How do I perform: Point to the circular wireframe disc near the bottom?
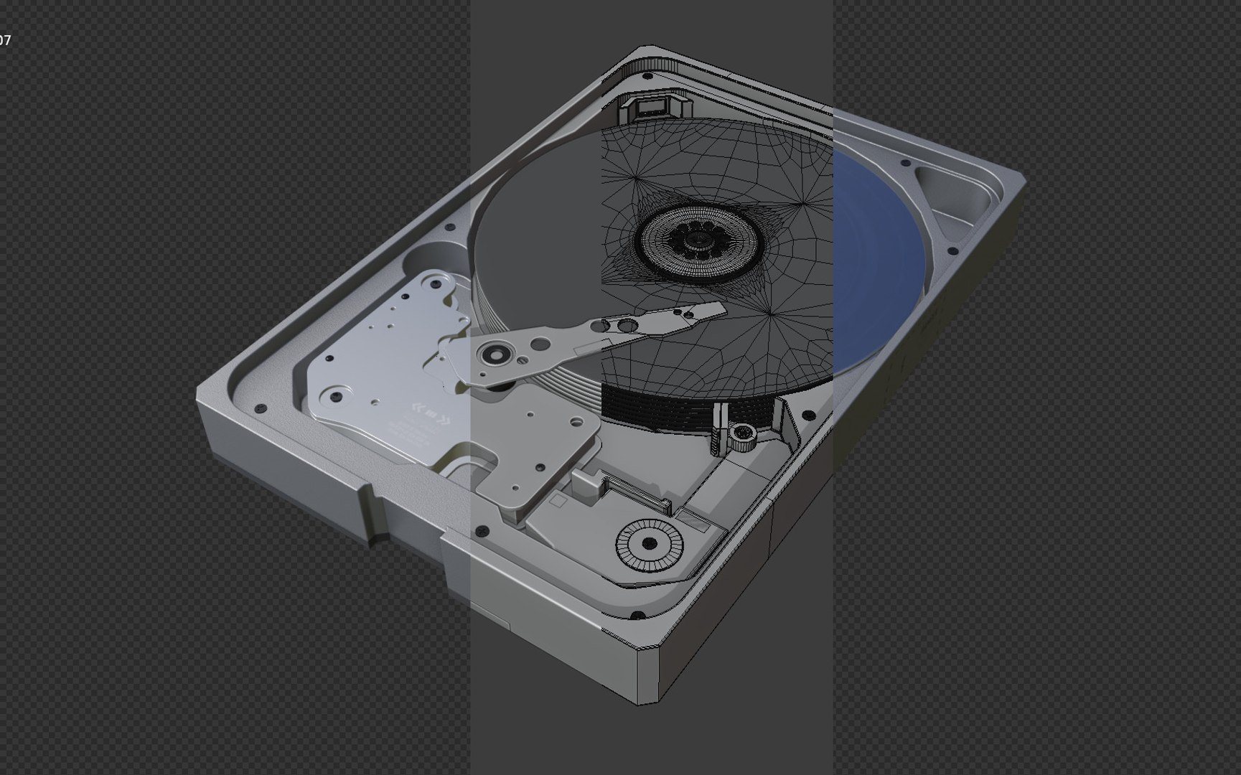[649, 543]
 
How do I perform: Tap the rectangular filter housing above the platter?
[651, 108]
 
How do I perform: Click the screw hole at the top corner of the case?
[647, 75]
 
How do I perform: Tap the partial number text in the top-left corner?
[5, 40]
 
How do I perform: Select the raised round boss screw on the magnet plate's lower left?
[334, 395]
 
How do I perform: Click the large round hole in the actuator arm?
[627, 327]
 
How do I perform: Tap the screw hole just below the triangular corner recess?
[953, 251]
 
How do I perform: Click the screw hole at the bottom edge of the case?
[637, 616]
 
